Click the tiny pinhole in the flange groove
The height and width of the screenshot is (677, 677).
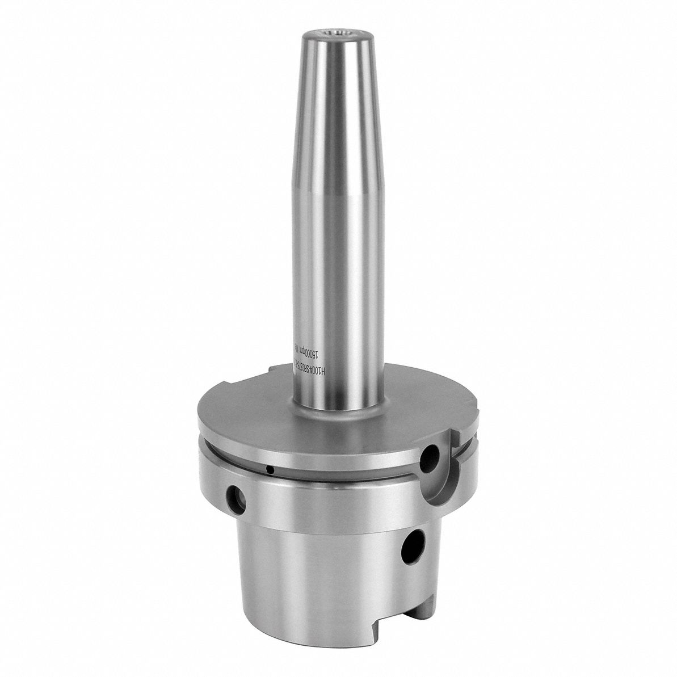[x=272, y=469]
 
